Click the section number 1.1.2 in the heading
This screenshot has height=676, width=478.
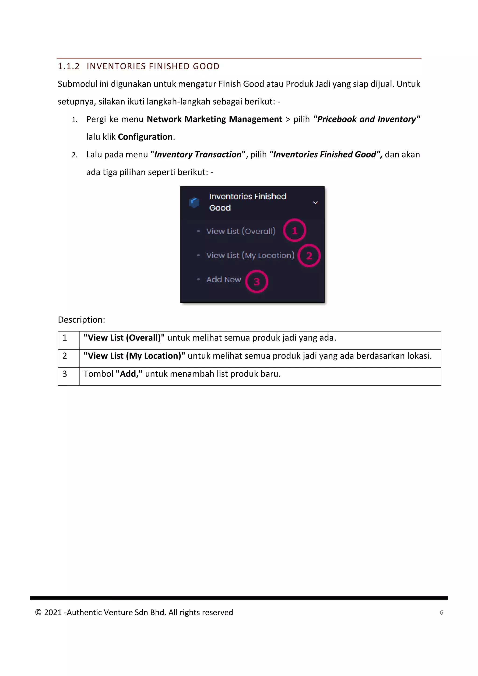(69, 67)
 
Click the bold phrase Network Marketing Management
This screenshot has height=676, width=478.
(214, 119)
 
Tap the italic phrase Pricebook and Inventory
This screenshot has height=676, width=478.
(366, 119)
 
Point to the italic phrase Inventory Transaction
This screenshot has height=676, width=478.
(198, 155)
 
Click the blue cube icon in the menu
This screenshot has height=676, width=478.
(194, 203)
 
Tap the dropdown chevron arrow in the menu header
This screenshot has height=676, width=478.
(315, 203)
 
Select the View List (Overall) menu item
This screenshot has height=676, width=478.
(241, 231)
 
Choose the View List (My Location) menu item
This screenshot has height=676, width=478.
(250, 256)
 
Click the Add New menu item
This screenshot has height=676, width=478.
(224, 280)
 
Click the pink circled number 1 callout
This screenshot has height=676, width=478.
(295, 231)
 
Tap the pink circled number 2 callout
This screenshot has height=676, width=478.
(309, 256)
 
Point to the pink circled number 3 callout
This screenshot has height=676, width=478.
(257, 282)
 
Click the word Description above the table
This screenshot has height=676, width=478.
(81, 320)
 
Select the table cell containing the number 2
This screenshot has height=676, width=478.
(68, 356)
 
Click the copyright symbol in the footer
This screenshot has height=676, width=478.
(38, 613)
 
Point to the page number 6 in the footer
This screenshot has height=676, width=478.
(441, 613)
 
